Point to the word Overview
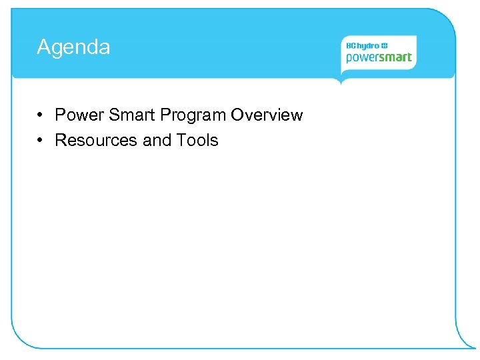(x=267, y=115)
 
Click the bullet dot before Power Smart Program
(x=41, y=115)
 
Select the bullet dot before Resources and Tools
(x=41, y=141)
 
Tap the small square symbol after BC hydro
(x=385, y=45)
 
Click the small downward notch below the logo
(x=341, y=81)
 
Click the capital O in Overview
(x=238, y=115)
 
